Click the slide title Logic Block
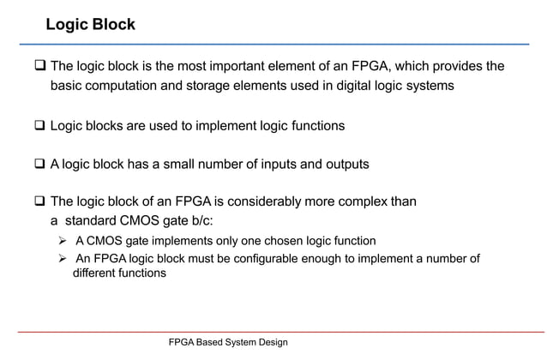[x=90, y=24]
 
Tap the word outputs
[x=344, y=163]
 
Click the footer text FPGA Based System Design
[x=217, y=342]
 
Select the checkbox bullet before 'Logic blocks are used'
[x=39, y=126]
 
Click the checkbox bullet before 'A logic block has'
[x=39, y=163]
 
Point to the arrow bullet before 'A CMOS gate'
[x=62, y=240]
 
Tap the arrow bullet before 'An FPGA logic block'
[x=62, y=259]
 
